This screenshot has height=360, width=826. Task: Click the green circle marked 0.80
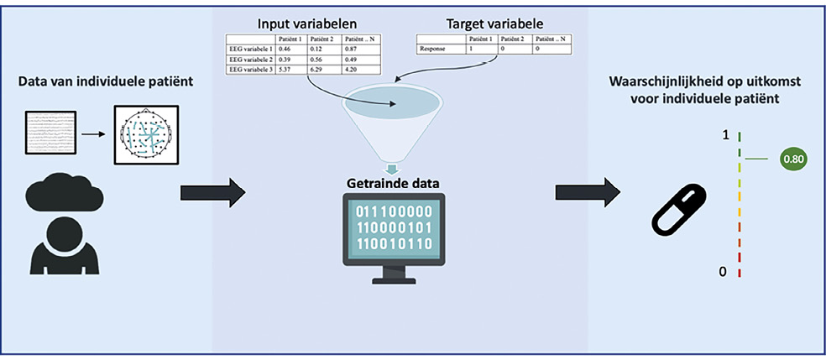793,158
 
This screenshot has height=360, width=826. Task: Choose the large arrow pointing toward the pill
588,191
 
